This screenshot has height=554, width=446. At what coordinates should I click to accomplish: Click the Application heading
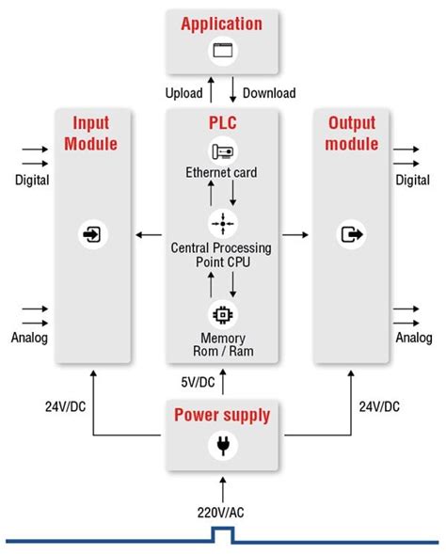tap(222, 24)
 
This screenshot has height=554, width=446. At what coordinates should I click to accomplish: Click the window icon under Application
tap(222, 53)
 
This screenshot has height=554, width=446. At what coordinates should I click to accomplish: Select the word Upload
tap(184, 93)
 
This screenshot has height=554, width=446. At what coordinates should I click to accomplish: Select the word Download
tap(269, 93)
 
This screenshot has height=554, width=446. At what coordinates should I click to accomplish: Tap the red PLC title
tap(222, 124)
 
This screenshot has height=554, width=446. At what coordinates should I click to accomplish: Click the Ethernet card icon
tap(222, 152)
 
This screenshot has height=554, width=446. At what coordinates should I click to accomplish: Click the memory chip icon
tap(222, 314)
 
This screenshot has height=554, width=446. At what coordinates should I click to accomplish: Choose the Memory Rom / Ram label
tap(222, 345)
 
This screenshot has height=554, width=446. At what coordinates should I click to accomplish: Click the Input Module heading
tap(92, 134)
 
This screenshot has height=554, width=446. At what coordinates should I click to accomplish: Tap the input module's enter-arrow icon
tap(92, 233)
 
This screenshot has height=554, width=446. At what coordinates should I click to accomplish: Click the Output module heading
tap(352, 134)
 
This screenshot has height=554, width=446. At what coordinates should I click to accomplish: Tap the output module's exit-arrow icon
tap(352, 233)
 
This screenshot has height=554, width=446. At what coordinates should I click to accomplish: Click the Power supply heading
tap(222, 415)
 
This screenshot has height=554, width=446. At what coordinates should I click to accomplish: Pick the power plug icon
tap(222, 448)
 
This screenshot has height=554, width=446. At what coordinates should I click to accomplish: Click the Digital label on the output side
tap(413, 180)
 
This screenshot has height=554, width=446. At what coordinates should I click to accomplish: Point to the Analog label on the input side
tap(30, 338)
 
